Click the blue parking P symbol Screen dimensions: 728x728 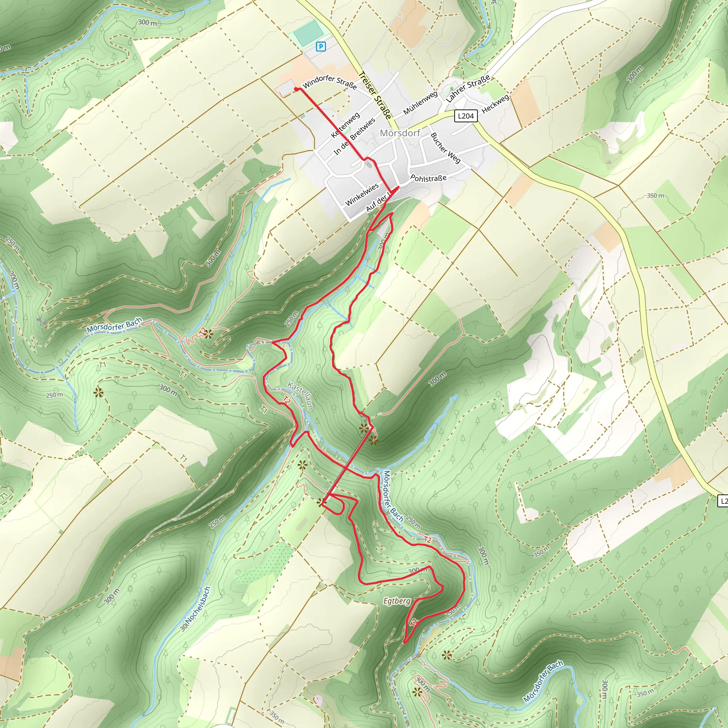click(321, 46)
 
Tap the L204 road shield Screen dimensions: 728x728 click(466, 116)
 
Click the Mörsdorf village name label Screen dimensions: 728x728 click(400, 133)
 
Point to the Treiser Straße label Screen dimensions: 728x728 click(375, 95)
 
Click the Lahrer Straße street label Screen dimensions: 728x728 click(468, 88)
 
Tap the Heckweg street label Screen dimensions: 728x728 click(496, 104)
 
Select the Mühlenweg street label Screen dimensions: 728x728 click(420, 103)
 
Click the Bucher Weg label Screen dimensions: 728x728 click(445, 148)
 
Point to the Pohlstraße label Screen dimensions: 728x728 click(428, 178)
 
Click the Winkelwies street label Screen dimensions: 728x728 click(362, 194)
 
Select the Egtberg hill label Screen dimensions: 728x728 click(397, 601)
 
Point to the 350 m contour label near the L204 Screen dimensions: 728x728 click(655, 196)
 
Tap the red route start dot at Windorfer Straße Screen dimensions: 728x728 click(296, 89)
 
